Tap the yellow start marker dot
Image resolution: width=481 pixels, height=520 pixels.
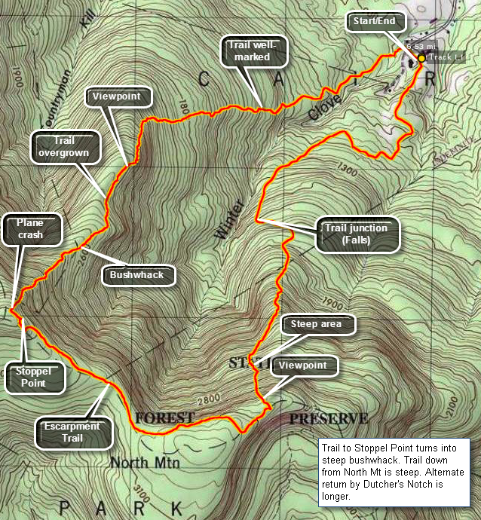tap(421, 57)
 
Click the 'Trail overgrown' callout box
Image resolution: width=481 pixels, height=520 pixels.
tap(66, 146)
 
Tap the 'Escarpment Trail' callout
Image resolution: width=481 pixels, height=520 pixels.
tap(75, 432)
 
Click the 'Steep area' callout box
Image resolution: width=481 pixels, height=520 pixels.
tap(317, 325)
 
